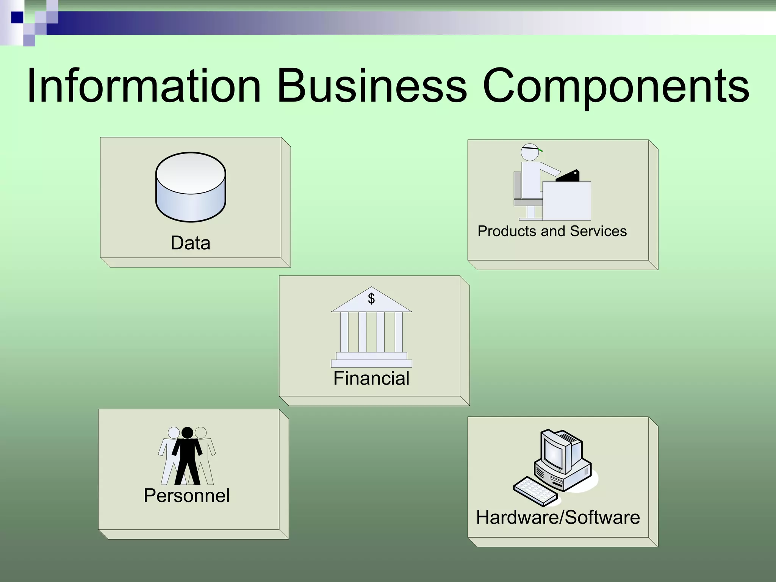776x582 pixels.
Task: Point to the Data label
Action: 191,243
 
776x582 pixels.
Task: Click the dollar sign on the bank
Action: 371,299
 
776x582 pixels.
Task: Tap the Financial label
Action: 371,378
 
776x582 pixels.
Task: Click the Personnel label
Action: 187,496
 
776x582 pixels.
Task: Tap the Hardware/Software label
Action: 558,518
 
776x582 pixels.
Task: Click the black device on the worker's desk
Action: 568,176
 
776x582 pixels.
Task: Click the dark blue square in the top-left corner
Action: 17,17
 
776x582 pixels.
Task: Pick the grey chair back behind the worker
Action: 517,185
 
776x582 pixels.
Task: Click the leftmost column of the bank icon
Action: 344,332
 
